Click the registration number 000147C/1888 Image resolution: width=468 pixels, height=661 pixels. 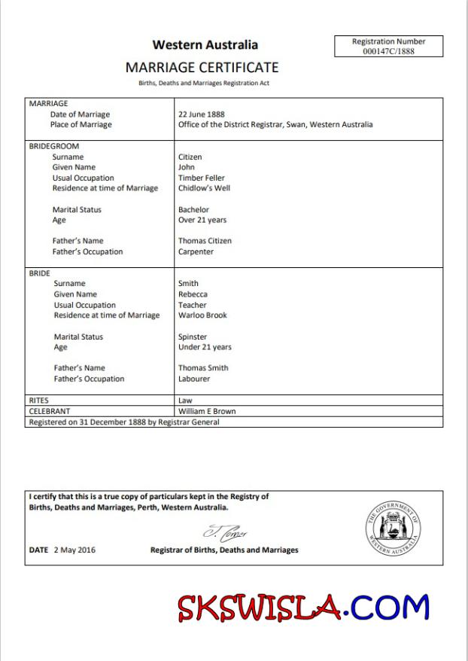pos(388,51)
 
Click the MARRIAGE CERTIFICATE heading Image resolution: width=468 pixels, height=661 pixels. pos(202,68)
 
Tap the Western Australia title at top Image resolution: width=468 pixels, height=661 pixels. pos(205,45)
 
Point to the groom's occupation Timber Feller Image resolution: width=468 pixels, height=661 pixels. pos(202,178)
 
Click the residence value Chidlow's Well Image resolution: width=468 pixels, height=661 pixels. pos(204,188)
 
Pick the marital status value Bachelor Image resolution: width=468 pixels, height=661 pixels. pos(193,209)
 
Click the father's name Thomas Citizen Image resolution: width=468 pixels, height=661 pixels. pos(205,241)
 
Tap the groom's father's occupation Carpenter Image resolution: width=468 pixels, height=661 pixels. pos(196,251)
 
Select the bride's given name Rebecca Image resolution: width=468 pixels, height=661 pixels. pos(193,294)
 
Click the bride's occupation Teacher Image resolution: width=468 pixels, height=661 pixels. pos(192,305)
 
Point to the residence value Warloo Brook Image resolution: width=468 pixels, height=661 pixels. pos(202,315)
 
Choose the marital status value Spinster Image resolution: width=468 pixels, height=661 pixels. pos(193,337)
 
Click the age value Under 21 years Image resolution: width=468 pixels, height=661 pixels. pos(205,347)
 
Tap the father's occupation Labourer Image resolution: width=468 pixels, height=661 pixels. pos(194,379)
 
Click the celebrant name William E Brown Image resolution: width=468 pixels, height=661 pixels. pos(207,412)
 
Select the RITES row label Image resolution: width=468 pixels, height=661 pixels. pos(38,401)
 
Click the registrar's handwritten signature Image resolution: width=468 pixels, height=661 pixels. pos(225,532)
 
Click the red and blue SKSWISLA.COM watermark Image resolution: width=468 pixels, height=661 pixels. pos(303,608)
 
